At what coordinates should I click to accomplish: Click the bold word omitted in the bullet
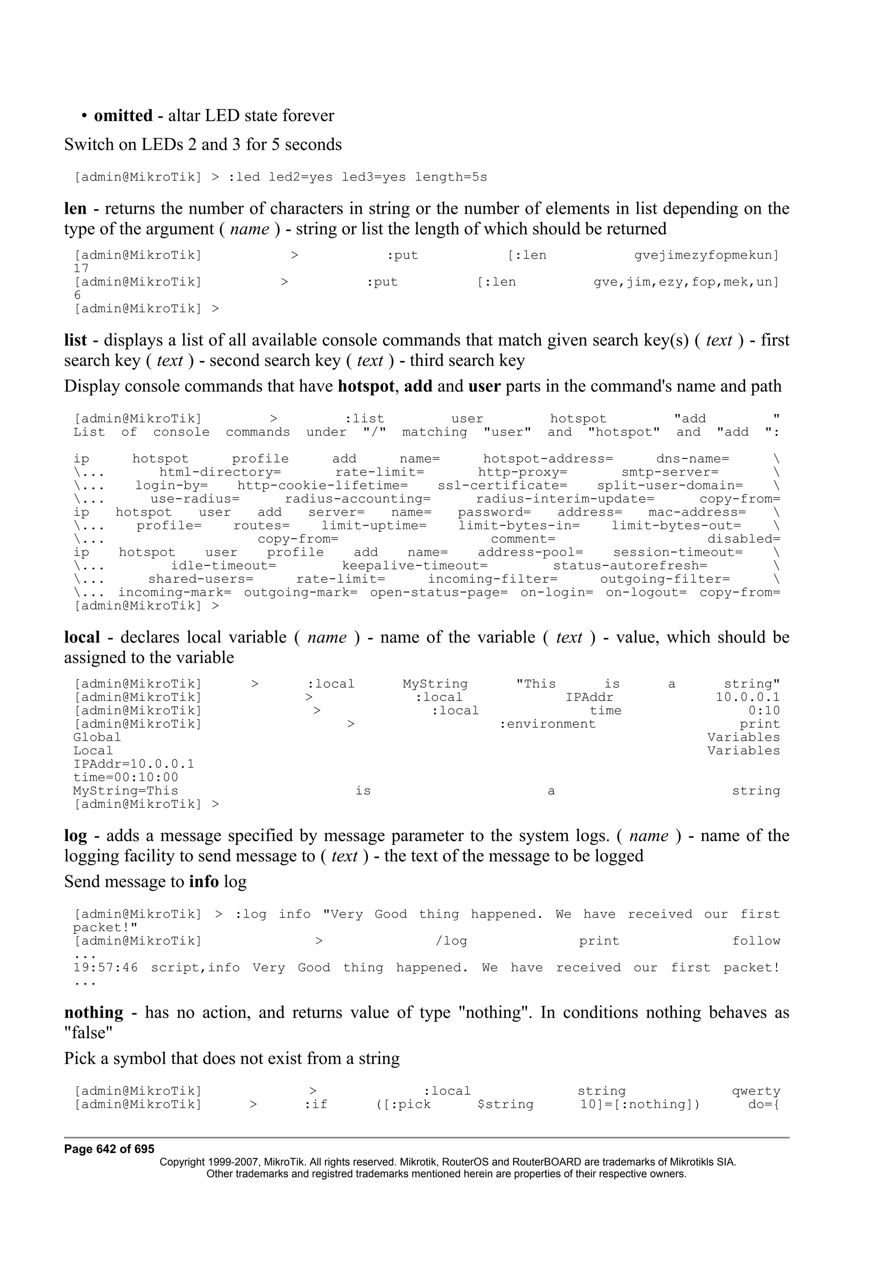(123, 116)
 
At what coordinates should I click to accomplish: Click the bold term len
(75, 209)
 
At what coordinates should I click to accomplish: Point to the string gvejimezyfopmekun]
(706, 256)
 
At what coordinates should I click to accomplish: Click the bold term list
(76, 340)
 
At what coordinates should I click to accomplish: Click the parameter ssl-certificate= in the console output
(502, 486)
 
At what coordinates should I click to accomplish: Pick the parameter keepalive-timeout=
(415, 566)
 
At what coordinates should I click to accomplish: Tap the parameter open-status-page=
(438, 592)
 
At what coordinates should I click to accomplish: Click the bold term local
(82, 638)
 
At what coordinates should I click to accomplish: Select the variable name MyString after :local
(435, 684)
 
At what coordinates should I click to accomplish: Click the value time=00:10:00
(126, 778)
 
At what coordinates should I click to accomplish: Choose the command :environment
(547, 725)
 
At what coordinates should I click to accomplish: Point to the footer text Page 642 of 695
(109, 1149)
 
